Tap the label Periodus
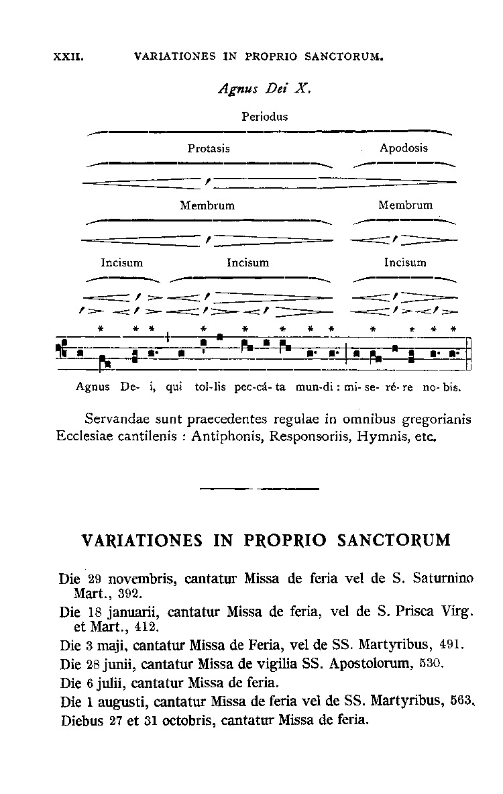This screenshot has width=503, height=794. [x=264, y=117]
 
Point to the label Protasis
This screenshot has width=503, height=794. [x=209, y=149]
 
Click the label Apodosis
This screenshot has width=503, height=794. [x=404, y=148]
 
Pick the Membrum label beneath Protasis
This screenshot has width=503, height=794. [x=207, y=205]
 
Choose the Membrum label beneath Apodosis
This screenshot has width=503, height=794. [x=405, y=205]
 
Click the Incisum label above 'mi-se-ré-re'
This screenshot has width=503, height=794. [x=405, y=262]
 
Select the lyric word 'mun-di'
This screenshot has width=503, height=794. [x=326, y=387]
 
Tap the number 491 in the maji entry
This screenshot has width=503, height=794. [x=452, y=646]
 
